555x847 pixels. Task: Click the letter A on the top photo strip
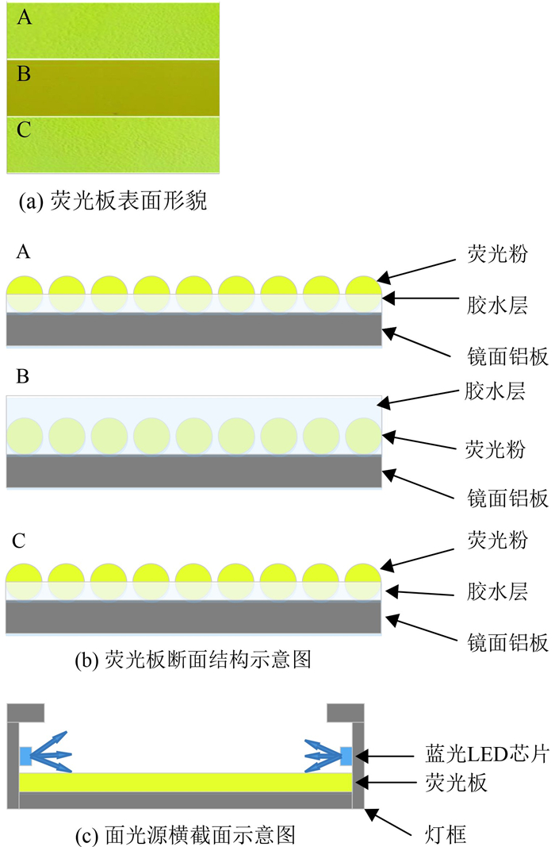coord(25,17)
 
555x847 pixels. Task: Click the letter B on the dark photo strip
coord(24,75)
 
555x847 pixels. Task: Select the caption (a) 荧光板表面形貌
coord(112,202)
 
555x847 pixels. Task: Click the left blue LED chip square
coord(26,757)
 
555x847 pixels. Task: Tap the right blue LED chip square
coord(346,757)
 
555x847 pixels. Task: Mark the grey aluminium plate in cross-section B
coord(194,472)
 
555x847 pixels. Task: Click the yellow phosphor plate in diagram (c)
coord(186,783)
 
